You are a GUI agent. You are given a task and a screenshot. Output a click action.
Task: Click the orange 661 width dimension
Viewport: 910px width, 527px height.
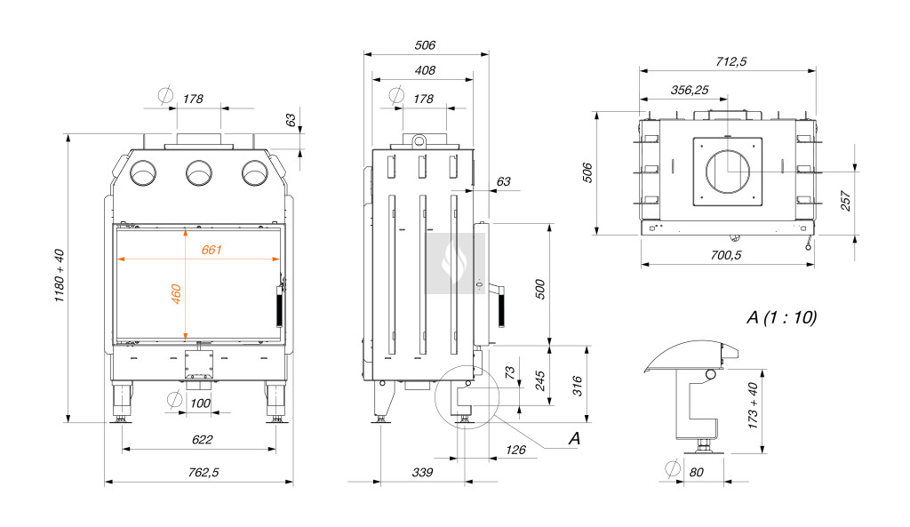pyautogui.click(x=212, y=250)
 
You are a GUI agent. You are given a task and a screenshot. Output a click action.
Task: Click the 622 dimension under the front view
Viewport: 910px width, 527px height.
pyautogui.click(x=203, y=440)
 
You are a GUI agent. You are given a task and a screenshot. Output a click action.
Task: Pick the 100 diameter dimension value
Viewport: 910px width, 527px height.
pyautogui.click(x=202, y=404)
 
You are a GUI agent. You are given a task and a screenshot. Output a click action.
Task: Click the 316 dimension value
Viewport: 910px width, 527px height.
pyautogui.click(x=577, y=386)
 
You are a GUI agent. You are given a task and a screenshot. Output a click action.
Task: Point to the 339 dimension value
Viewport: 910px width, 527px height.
pyautogui.click(x=422, y=473)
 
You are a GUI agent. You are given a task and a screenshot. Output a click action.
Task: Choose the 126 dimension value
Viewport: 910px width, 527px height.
pyautogui.click(x=515, y=450)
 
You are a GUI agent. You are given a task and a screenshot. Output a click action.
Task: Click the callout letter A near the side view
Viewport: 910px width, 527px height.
pyautogui.click(x=574, y=438)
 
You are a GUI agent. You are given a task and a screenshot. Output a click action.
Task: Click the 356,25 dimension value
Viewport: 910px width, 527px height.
pyautogui.click(x=690, y=90)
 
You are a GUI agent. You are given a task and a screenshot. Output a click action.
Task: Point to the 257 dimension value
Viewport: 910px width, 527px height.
pyautogui.click(x=845, y=201)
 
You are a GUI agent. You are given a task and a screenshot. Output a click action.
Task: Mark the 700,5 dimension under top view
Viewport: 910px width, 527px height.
pyautogui.click(x=726, y=255)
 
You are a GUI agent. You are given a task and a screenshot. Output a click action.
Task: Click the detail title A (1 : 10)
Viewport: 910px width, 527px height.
pyautogui.click(x=782, y=317)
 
